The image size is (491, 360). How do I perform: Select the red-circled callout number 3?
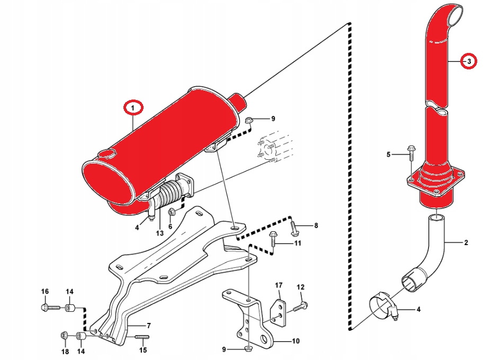468,61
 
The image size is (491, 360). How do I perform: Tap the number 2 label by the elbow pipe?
466,244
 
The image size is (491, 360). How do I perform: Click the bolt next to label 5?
410,153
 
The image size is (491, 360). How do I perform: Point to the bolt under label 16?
46,307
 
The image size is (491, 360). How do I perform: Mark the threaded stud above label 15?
142,337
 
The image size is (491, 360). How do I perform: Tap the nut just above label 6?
171,213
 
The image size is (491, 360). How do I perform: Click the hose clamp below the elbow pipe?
383,307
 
